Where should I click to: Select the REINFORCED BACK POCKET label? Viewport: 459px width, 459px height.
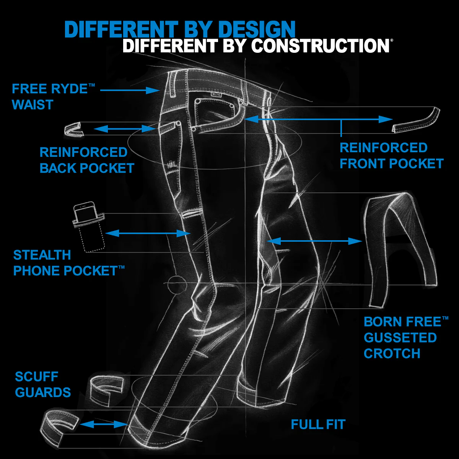[x=87, y=160]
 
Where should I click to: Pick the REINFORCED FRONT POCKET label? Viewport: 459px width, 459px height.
[x=391, y=156]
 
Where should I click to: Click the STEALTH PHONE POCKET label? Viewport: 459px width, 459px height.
[x=69, y=263]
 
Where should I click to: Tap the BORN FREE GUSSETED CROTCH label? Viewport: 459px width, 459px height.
[x=405, y=337]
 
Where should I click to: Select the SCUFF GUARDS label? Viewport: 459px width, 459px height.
[x=43, y=384]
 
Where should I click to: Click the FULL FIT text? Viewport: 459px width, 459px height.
[x=318, y=424]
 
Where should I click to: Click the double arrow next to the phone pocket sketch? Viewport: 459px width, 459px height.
[x=148, y=233]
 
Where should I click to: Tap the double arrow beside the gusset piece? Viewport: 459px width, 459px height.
[x=314, y=241]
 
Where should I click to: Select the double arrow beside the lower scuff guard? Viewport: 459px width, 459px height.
[x=104, y=424]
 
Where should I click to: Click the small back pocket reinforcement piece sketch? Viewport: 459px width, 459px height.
[x=73, y=129]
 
